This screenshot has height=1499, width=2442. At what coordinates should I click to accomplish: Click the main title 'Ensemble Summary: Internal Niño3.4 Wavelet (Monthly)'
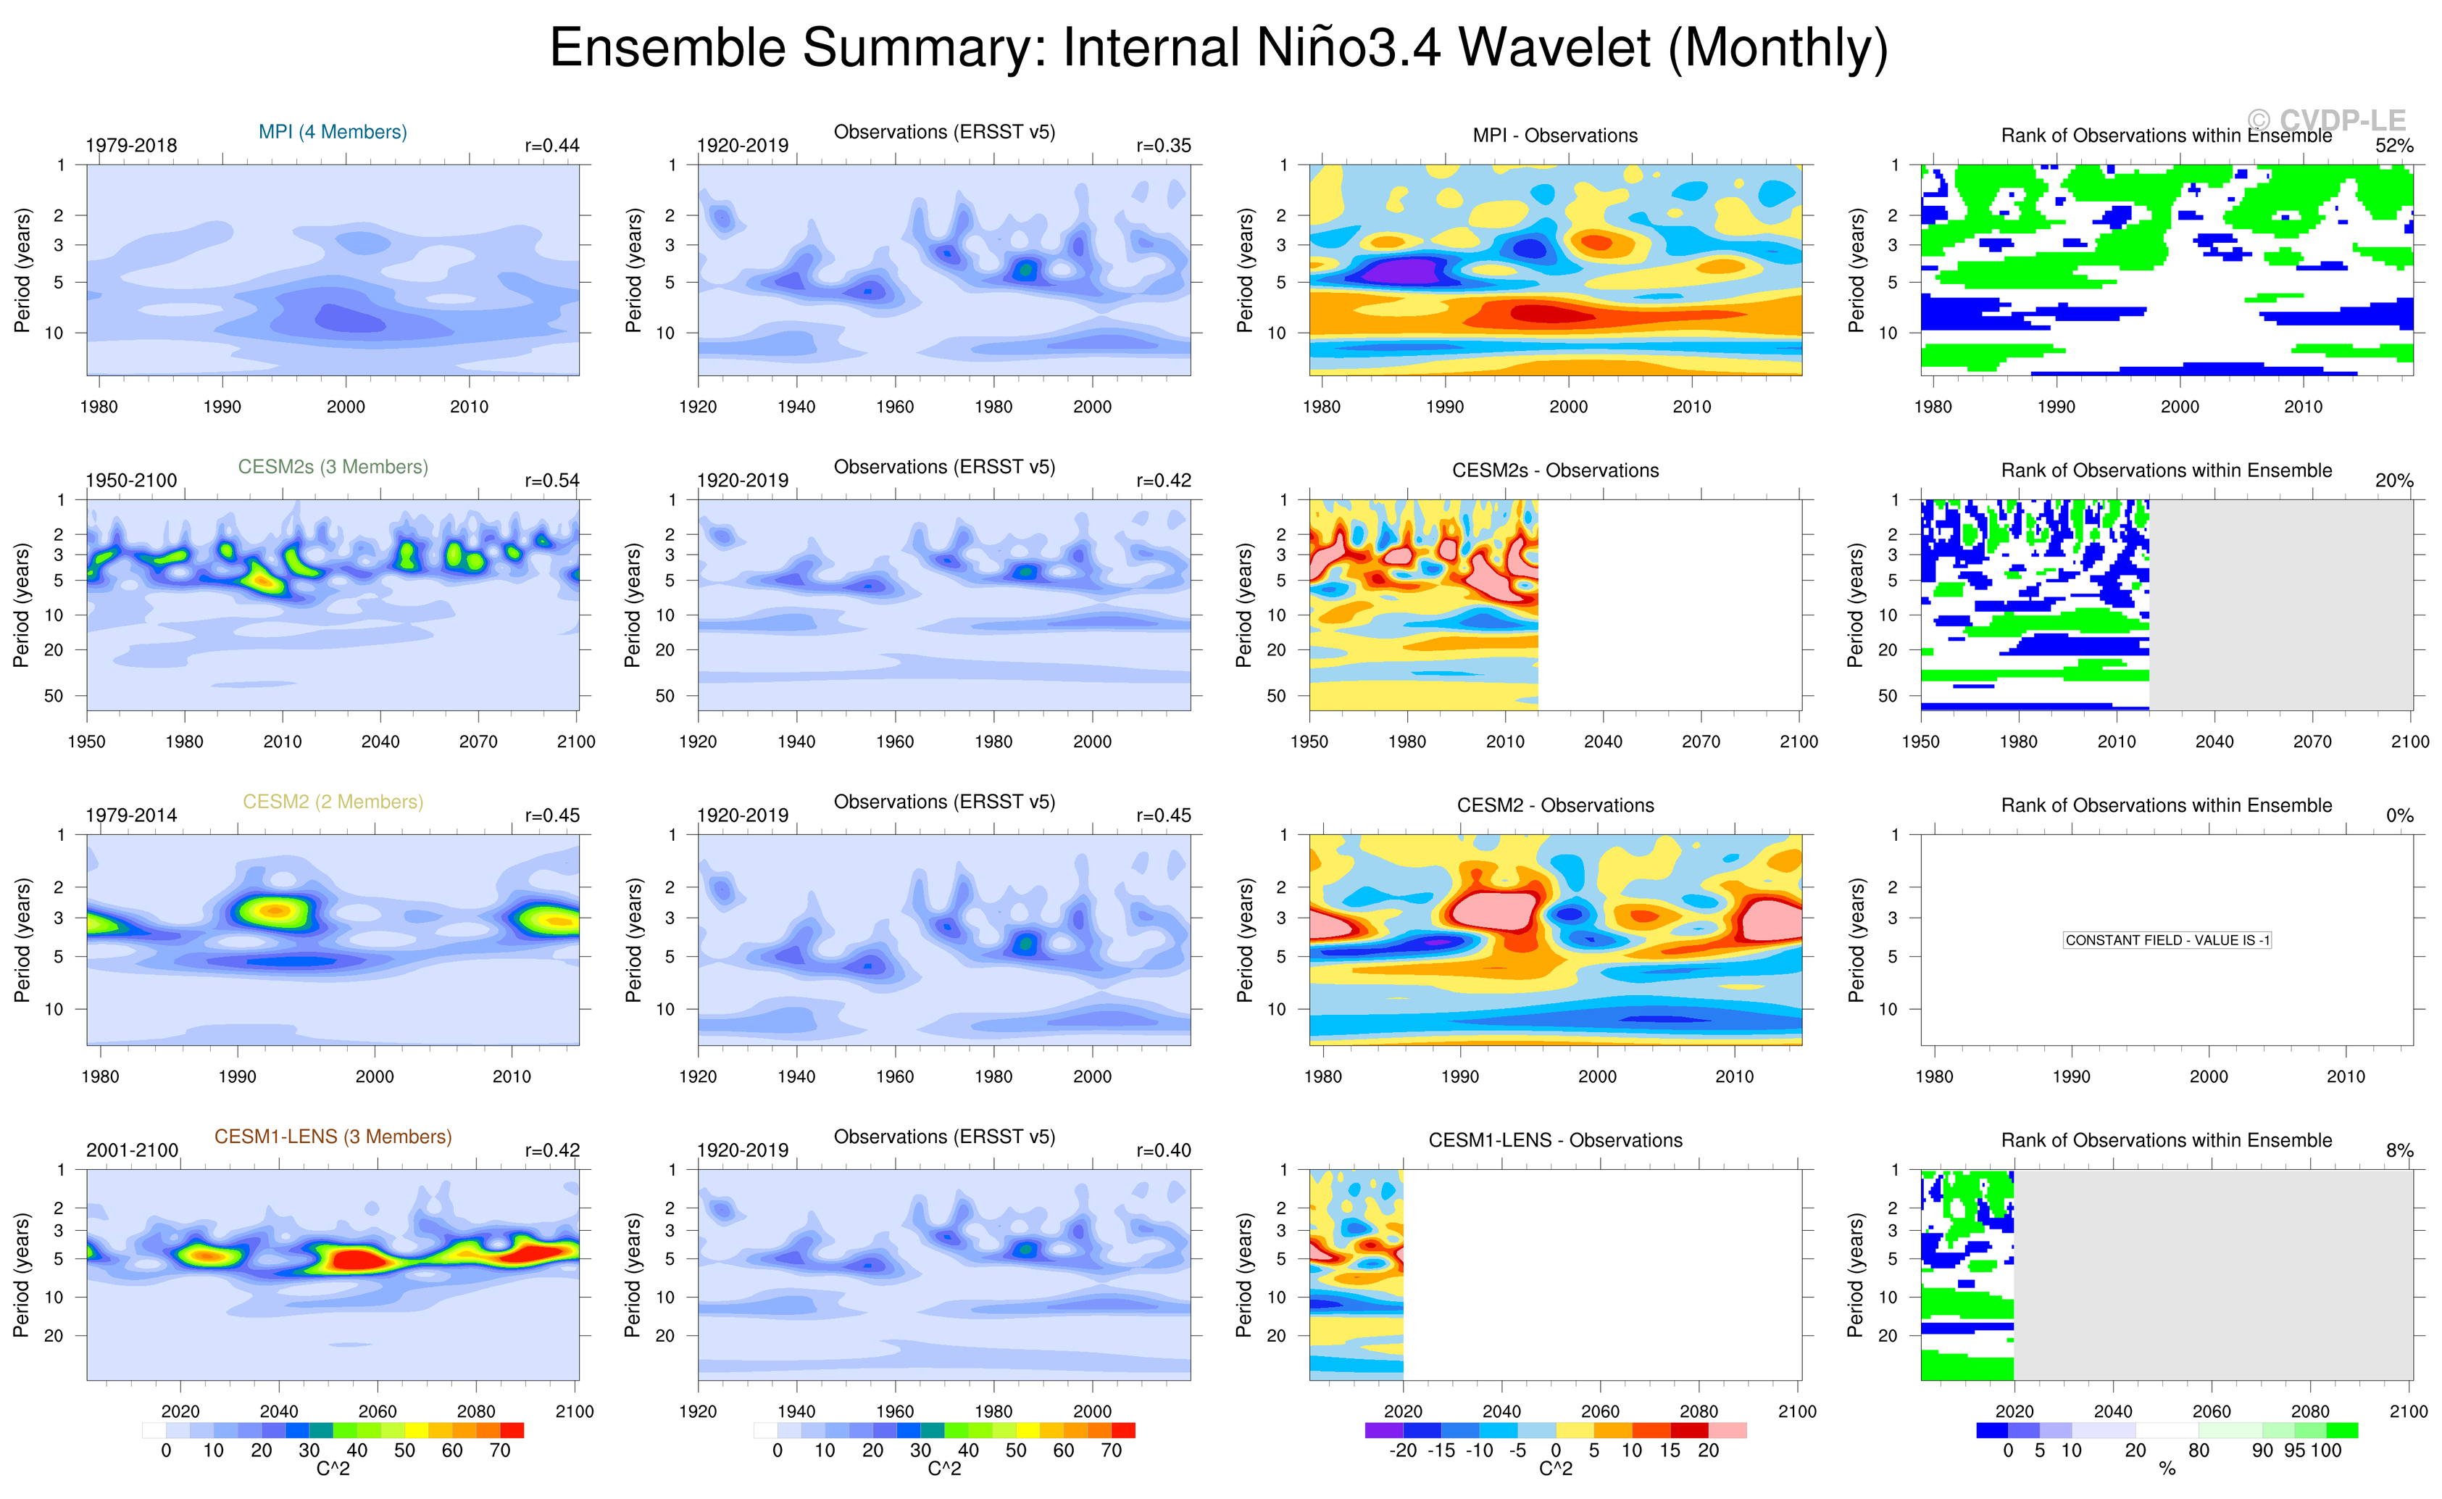click(x=1219, y=48)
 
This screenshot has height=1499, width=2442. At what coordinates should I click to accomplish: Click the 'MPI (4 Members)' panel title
click(x=332, y=132)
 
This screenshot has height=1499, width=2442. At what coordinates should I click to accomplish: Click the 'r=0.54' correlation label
click(x=552, y=481)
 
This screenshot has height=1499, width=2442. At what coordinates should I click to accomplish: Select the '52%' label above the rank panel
click(x=2393, y=146)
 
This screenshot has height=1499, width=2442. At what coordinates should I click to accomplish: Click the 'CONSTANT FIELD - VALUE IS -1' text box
click(x=2167, y=940)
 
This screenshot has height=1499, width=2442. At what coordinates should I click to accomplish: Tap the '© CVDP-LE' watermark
click(x=2325, y=121)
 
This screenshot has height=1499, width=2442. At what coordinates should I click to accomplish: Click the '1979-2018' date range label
click(x=131, y=146)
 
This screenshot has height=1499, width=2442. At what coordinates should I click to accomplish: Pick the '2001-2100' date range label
click(x=132, y=1151)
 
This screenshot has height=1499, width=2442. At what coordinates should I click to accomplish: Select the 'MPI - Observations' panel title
click(x=1555, y=136)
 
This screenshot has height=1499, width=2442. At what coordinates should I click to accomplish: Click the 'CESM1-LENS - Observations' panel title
click(x=1555, y=1141)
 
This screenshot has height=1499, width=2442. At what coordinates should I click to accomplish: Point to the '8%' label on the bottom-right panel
click(x=2399, y=1151)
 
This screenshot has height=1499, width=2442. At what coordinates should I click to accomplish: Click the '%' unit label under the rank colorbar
click(x=2167, y=1469)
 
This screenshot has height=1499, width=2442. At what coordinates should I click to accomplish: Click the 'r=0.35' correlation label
click(x=1164, y=146)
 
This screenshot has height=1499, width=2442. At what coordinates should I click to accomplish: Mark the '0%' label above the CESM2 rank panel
click(x=2399, y=816)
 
